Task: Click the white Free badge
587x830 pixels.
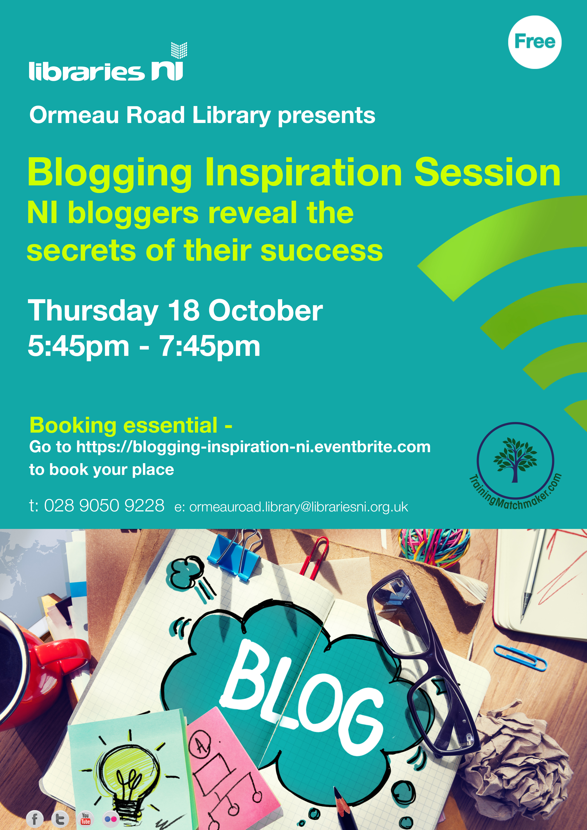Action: pyautogui.click(x=535, y=42)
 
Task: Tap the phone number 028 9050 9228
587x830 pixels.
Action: pyautogui.click(x=104, y=505)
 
